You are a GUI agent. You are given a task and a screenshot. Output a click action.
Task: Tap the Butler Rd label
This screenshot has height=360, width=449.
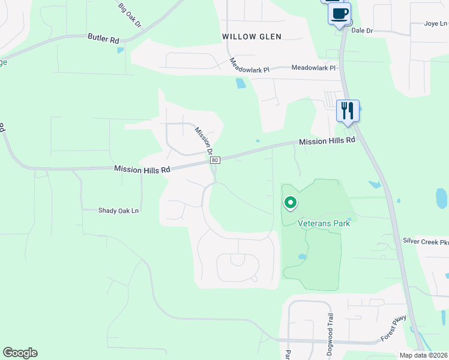pyautogui.click(x=103, y=38)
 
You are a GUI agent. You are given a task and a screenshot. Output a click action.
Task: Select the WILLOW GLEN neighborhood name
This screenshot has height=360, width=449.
pyautogui.click(x=252, y=37)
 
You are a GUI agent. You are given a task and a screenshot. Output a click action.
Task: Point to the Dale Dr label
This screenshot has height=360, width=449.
pyautogui.click(x=362, y=30)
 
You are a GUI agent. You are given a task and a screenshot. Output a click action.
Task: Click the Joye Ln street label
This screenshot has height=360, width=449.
pyautogui.click(x=436, y=24)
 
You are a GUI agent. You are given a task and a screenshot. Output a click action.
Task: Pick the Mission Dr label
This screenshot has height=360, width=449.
pyautogui.click(x=204, y=140)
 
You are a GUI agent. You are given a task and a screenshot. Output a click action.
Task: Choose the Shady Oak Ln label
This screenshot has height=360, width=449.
pyautogui.click(x=118, y=211)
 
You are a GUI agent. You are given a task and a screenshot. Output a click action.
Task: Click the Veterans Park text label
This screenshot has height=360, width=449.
pyautogui.click(x=324, y=223)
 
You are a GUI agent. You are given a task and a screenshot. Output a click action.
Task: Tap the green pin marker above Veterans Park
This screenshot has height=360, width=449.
pyautogui.click(x=291, y=204)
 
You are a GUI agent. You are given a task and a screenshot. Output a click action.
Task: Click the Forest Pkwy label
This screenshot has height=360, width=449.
pyautogui.click(x=394, y=329)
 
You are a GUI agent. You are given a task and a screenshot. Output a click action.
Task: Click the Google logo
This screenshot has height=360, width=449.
pyautogui.click(x=20, y=353)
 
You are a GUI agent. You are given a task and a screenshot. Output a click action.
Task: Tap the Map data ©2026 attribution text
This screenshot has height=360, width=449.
pyautogui.click(x=423, y=355)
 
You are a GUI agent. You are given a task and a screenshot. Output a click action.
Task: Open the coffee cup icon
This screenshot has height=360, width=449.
pyautogui.click(x=340, y=14)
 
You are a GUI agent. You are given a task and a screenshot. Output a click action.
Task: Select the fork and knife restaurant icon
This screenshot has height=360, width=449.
pyautogui.click(x=348, y=110)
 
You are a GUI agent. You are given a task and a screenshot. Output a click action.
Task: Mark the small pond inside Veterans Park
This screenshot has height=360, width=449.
pyautogui.click(x=303, y=257)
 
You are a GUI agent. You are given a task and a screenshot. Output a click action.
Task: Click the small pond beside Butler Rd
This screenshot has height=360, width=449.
pyautogui.click(x=121, y=50)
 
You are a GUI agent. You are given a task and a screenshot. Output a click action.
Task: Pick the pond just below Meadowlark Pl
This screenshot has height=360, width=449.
pyautogui.click(x=241, y=83)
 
